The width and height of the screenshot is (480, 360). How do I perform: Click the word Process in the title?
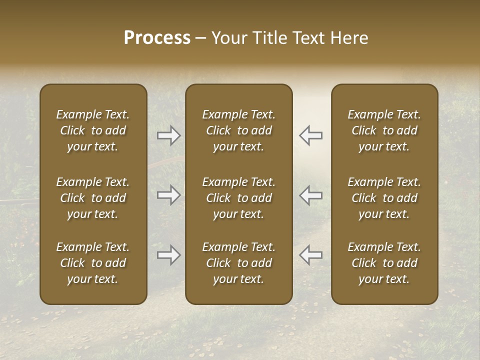point(157,38)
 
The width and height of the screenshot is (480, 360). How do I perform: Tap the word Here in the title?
point(349,38)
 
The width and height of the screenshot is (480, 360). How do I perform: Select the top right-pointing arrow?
point(169,135)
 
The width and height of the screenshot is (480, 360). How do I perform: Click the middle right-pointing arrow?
point(169,195)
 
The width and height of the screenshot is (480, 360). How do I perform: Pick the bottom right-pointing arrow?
point(169,255)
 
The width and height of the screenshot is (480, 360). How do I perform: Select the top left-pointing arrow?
point(310,135)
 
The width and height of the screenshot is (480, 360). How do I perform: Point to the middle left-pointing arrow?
point(310,195)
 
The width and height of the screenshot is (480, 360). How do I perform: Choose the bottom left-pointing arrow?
point(310,255)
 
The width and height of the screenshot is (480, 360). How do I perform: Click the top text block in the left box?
point(93,130)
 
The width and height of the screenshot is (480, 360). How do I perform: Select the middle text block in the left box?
point(93,198)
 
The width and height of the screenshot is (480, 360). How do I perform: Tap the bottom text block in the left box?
point(93,263)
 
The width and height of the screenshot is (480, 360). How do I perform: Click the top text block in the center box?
point(239,130)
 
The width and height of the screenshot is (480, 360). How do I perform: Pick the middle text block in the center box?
point(239,198)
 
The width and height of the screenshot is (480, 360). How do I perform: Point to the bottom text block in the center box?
point(239,263)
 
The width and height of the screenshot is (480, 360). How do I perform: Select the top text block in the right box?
point(384,130)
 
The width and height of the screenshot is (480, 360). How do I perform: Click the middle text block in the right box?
point(384,198)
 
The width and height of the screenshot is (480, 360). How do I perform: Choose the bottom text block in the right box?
point(384,263)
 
